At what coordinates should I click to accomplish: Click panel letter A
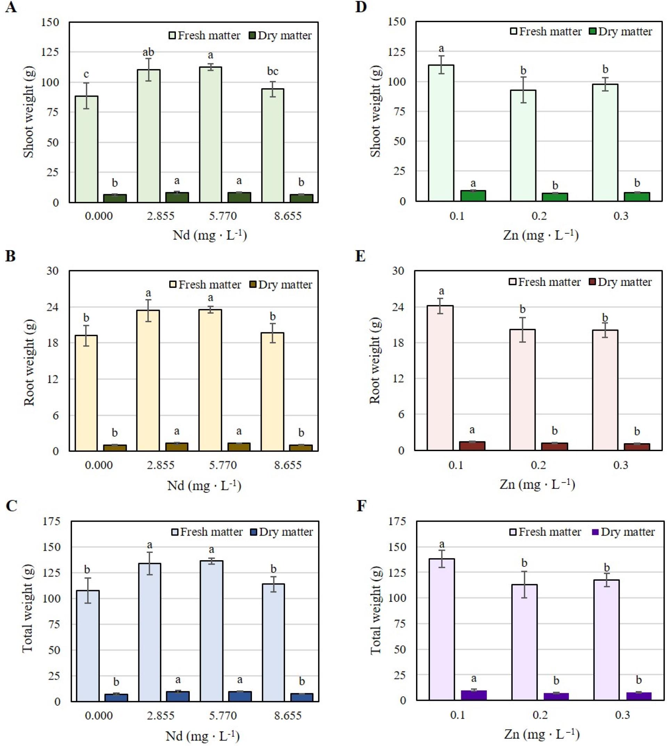pyautogui.click(x=11, y=7)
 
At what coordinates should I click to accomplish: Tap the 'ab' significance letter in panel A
pyautogui.click(x=148, y=52)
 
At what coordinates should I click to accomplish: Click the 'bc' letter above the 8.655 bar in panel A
pyautogui.click(x=272, y=71)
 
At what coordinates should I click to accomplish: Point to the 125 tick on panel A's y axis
pyautogui.click(x=50, y=52)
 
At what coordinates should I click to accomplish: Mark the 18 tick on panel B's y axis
pyautogui.click(x=52, y=343)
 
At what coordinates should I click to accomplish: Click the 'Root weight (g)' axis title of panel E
pyautogui.click(x=375, y=361)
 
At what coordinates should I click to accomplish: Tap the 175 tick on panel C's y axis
pyautogui.click(x=51, y=521)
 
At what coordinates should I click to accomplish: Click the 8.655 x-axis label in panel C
pyautogui.click(x=288, y=715)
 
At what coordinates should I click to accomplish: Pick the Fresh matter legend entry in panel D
pyautogui.click(x=546, y=32)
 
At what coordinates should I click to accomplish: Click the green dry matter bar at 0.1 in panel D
pyautogui.click(x=473, y=196)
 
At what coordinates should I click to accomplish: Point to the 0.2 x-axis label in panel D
pyautogui.click(x=539, y=216)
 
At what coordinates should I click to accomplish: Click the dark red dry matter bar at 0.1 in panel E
pyautogui.click(x=472, y=446)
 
